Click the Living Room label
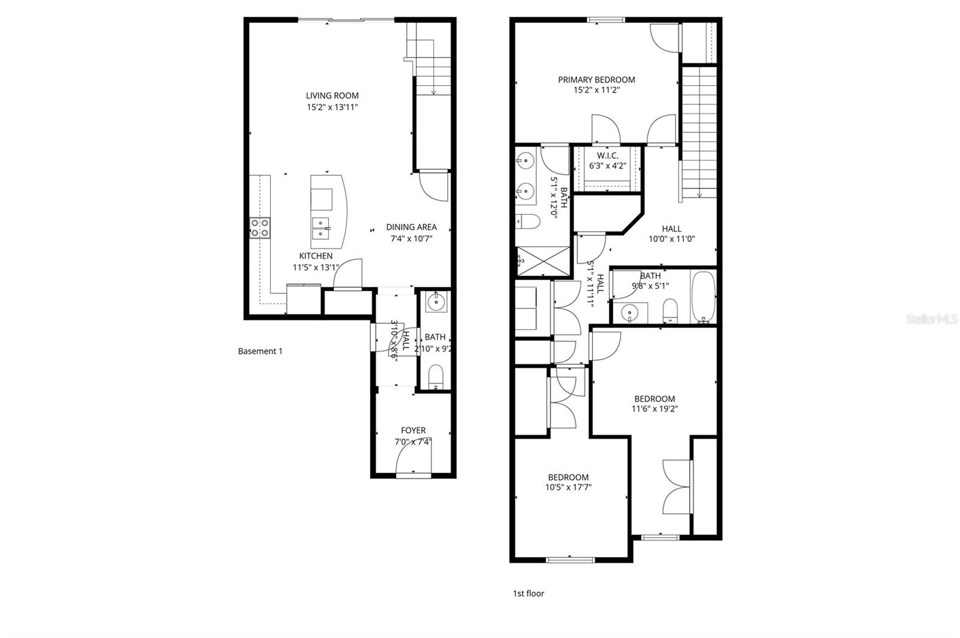(332, 95)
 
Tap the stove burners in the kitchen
(260, 227)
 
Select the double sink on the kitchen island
(321, 228)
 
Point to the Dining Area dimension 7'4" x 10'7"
(411, 238)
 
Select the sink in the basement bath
(435, 303)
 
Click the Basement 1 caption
(260, 351)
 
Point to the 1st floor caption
(528, 594)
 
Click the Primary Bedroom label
(596, 79)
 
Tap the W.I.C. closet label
(607, 155)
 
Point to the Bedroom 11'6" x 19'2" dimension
(654, 409)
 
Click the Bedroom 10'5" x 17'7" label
(568, 478)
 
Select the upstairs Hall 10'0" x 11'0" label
(671, 229)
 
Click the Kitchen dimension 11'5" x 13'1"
(316, 268)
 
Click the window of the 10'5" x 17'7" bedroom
(570, 560)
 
